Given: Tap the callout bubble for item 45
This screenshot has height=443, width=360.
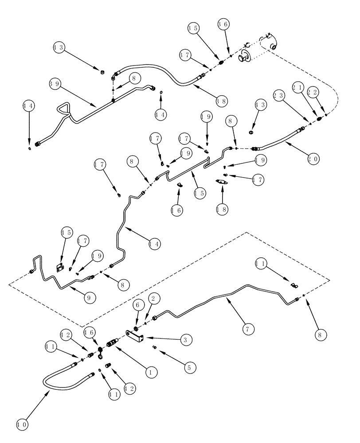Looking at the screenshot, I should pos(67,233).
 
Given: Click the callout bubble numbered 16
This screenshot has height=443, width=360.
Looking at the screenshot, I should pos(176,210).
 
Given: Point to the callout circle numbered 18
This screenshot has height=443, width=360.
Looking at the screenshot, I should pos(222,209).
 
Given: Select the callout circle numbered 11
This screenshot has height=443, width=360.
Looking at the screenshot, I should pos(262,264).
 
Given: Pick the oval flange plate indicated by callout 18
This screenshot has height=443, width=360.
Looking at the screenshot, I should pos(222,181).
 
